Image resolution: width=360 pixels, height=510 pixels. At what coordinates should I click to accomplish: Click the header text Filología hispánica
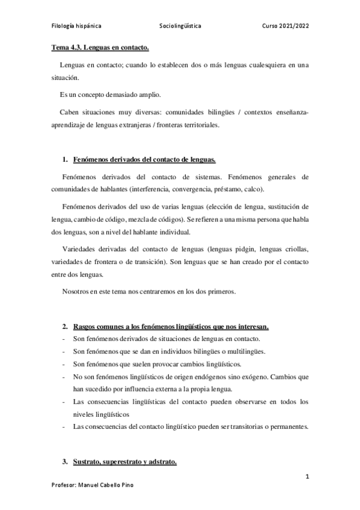[75, 26]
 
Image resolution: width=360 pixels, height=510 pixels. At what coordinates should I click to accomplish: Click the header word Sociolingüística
[180, 26]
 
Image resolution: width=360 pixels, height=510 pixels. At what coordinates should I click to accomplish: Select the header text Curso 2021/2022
[286, 26]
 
